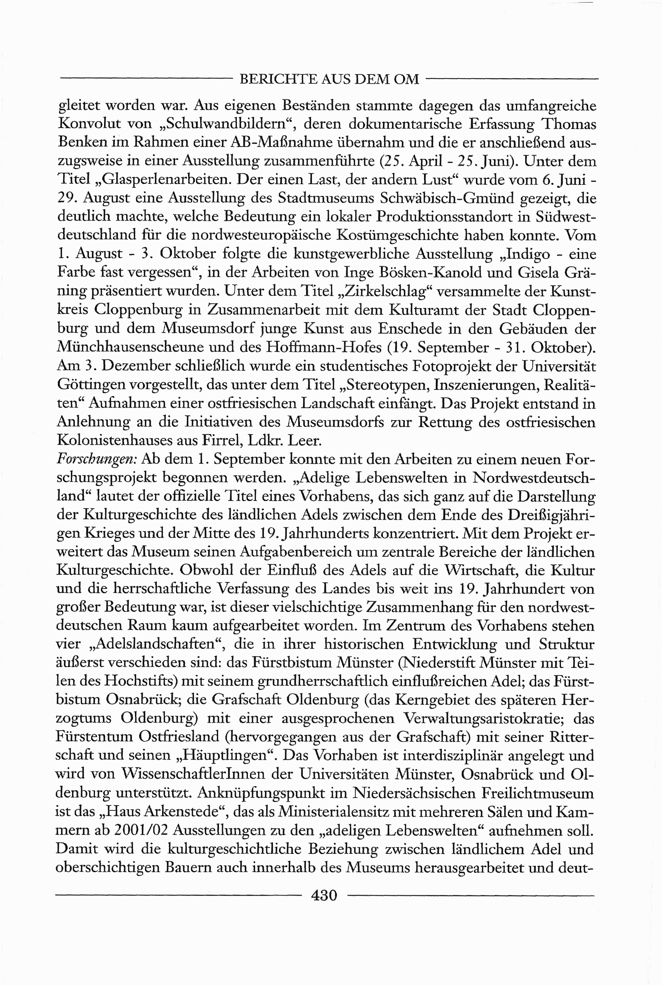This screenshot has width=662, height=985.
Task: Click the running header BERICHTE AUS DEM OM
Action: point(329,79)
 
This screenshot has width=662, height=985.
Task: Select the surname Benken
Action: point(82,142)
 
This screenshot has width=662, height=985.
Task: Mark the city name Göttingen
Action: point(90,384)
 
